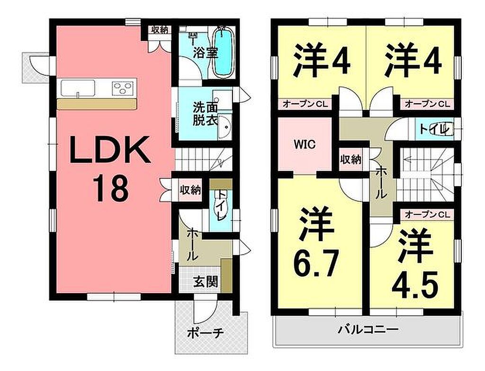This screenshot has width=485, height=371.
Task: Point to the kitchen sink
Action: tap(78, 88)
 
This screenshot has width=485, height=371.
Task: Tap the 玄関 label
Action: tap(206, 281)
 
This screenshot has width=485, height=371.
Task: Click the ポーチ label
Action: tap(206, 334)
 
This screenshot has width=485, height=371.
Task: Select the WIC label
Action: tap(305, 144)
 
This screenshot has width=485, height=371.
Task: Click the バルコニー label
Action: tap(368, 329)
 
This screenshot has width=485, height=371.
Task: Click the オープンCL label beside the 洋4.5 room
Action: tap(427, 215)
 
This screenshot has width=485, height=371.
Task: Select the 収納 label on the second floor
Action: tap(350, 159)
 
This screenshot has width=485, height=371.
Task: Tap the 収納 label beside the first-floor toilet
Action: tap(190, 190)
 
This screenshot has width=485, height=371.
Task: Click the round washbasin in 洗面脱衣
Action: tap(225, 127)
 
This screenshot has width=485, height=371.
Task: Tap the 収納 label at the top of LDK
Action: tap(160, 30)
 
